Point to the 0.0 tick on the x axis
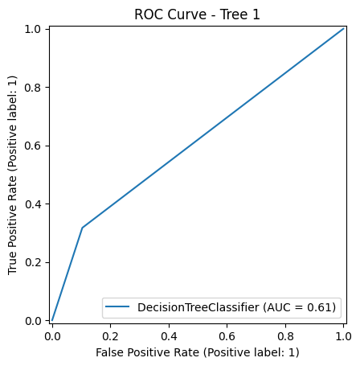[x=52, y=335]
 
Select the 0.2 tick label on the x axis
[x=110, y=335]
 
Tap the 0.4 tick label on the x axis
[x=169, y=335]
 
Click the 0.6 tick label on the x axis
[x=227, y=335]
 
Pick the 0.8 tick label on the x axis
[x=286, y=335]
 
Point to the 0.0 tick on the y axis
[x=35, y=321]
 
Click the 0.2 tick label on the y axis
[x=35, y=262]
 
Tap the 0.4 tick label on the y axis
[x=35, y=204]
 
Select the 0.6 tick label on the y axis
[x=35, y=146]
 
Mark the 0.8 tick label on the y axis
[x=35, y=87]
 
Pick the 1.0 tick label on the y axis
[x=35, y=29]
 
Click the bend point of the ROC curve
[x=82, y=228]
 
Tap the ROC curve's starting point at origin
[x=52, y=320]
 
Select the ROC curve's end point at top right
[x=344, y=29]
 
